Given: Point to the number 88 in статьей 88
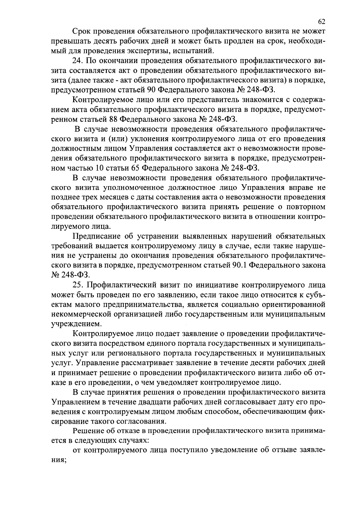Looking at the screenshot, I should click(113, 120).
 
